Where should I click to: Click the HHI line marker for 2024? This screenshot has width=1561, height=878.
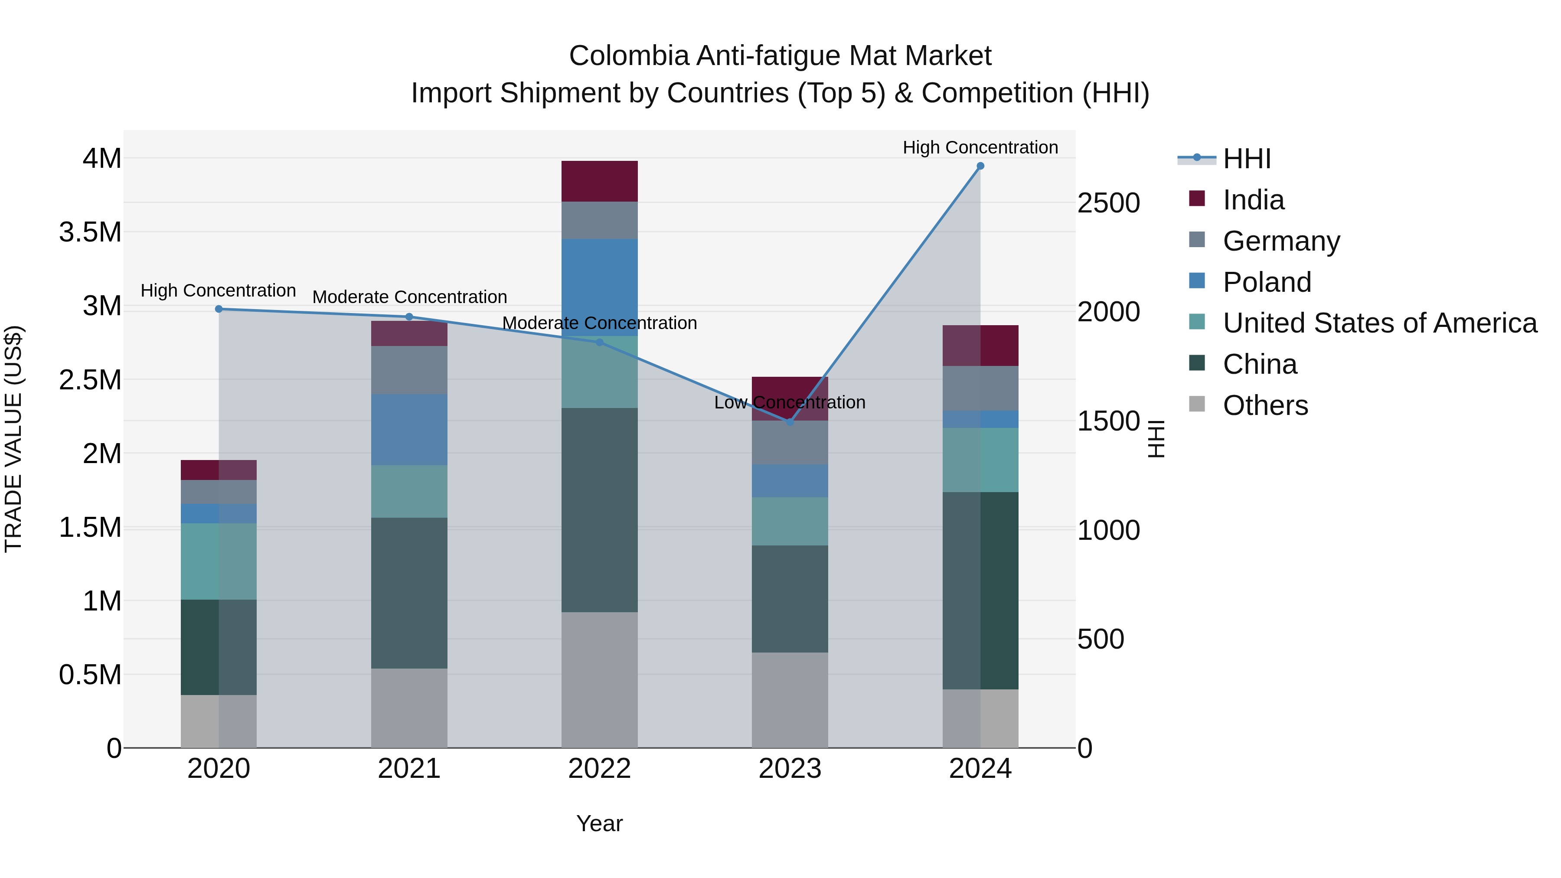tap(980, 166)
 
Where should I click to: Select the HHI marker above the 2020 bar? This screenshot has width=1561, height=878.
tap(219, 309)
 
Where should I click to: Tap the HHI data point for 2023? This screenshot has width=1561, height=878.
tap(790, 422)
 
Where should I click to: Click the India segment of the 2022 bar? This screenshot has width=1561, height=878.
tap(599, 181)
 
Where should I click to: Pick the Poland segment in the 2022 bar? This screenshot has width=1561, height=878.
tap(599, 287)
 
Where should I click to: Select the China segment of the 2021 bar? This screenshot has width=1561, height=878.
tap(409, 593)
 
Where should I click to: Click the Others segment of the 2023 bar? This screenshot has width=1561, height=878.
tap(790, 699)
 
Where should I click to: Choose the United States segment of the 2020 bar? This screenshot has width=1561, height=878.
tap(219, 561)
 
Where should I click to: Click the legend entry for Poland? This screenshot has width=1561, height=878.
tap(1267, 282)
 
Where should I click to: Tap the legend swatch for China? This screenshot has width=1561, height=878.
tap(1197, 364)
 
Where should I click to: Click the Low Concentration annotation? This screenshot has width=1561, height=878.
tap(790, 402)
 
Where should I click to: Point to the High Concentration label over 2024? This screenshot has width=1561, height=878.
tap(980, 147)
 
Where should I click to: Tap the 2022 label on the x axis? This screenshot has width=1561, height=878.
tap(599, 769)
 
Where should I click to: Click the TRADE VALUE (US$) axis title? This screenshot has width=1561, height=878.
tap(13, 439)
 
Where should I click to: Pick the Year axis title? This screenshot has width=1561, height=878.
tap(599, 823)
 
